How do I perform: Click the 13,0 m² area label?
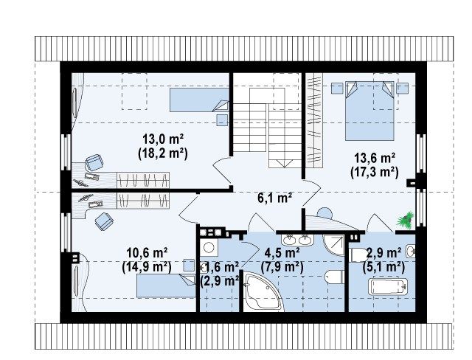[x=163, y=139]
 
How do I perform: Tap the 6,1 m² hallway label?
[x=275, y=198]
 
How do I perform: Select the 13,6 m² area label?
[x=375, y=158]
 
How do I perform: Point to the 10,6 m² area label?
[x=147, y=253]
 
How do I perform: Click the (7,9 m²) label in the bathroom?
[x=282, y=267]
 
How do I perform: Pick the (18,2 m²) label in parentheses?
[x=163, y=153]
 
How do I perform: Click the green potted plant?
[x=405, y=219]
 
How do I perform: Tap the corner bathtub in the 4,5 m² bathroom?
[x=263, y=291]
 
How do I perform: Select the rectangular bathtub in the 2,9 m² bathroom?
[x=388, y=286]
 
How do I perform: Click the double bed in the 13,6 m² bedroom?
[x=369, y=110]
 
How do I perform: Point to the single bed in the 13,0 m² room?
[x=200, y=100]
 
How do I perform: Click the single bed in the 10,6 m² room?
[x=166, y=286]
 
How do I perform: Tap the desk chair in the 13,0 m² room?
[x=94, y=162]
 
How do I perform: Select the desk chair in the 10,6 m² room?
[x=104, y=221]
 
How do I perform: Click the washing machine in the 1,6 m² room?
[x=208, y=248]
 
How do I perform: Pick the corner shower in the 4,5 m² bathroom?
[x=333, y=245]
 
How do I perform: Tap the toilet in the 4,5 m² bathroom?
[x=335, y=277]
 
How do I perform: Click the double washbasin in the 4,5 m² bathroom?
[x=297, y=240]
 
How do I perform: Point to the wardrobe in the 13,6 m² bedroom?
[x=314, y=120]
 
